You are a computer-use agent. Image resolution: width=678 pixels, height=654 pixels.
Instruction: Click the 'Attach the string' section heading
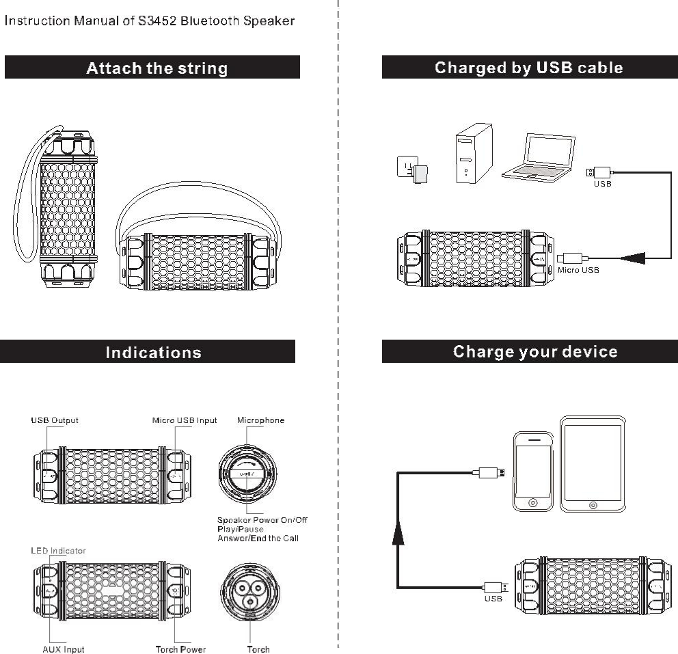click(157, 68)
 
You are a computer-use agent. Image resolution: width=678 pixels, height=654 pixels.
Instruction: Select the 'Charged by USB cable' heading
click(528, 68)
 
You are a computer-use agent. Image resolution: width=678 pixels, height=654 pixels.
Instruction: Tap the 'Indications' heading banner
click(153, 352)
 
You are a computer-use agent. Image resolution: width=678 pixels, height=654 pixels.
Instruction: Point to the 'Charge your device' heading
click(535, 351)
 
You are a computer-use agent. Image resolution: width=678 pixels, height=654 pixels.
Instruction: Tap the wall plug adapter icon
click(413, 170)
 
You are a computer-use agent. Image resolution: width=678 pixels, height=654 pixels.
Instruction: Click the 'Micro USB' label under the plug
click(578, 270)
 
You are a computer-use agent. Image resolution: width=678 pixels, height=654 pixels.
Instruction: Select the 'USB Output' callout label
click(55, 420)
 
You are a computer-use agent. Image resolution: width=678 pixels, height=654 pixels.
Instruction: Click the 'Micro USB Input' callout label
click(185, 420)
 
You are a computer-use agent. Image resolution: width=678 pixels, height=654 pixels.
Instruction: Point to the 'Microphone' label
click(260, 420)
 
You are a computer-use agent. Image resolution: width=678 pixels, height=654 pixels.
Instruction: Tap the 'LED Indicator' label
click(58, 550)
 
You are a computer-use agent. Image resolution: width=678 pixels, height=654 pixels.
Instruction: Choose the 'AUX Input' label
click(64, 649)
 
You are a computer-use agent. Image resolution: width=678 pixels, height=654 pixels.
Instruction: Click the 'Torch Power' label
click(180, 649)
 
